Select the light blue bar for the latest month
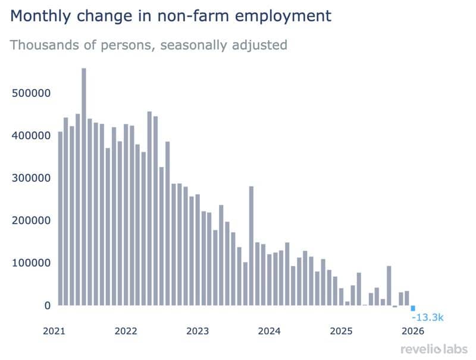click(x=413, y=308)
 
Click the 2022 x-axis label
click(x=126, y=331)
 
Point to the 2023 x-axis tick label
click(x=198, y=331)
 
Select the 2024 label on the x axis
click(x=270, y=331)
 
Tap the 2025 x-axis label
click(x=342, y=331)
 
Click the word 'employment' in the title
click(x=281, y=16)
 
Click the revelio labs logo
click(x=434, y=349)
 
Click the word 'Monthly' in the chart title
click(x=40, y=16)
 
